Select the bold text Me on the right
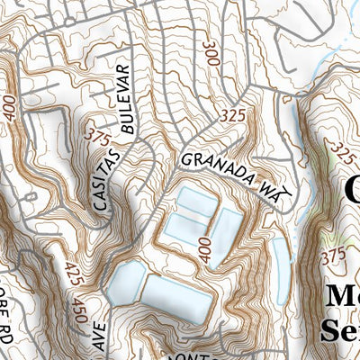coord(341,297)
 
